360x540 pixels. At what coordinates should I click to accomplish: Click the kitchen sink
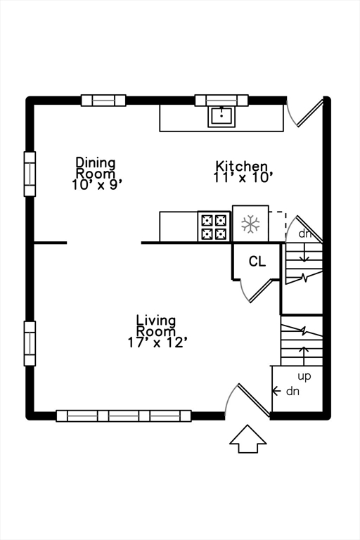(221, 117)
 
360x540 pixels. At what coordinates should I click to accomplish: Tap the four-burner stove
(214, 226)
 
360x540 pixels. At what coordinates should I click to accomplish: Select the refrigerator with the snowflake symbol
(250, 224)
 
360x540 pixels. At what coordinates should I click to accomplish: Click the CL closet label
(257, 262)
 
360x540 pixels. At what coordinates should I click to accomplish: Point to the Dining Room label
(96, 167)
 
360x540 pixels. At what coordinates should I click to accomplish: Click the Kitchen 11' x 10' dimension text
(243, 178)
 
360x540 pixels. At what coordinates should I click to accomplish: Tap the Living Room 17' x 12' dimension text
(157, 342)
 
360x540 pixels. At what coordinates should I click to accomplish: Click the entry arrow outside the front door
(248, 439)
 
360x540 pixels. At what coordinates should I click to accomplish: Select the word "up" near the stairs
(304, 376)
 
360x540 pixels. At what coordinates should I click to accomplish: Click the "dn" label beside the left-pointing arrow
(292, 391)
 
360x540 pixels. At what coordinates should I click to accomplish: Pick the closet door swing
(255, 290)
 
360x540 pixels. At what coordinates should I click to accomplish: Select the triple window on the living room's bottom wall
(124, 416)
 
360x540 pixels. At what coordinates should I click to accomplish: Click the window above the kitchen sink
(221, 101)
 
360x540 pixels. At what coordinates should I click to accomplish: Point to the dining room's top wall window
(103, 101)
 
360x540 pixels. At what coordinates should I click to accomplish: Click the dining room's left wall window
(30, 174)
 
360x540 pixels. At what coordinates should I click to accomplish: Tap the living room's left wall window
(30, 343)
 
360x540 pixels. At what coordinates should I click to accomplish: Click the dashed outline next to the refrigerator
(278, 226)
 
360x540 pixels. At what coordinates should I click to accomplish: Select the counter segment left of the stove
(179, 226)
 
